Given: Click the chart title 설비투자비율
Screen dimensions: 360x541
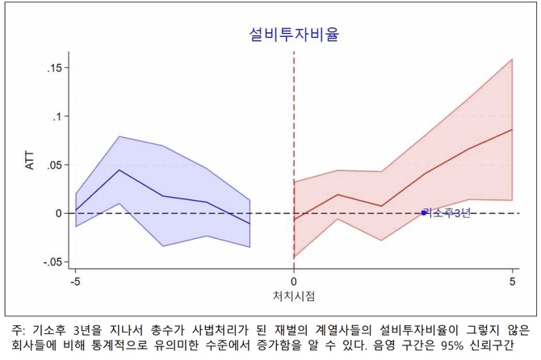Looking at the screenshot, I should (x=293, y=35).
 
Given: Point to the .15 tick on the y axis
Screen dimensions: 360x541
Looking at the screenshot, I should (x=51, y=68).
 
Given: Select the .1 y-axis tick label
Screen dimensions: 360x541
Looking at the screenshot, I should (x=55, y=116).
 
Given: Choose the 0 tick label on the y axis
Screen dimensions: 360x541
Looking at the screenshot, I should (x=58, y=213).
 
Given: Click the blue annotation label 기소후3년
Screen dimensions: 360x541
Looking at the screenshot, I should (x=448, y=213).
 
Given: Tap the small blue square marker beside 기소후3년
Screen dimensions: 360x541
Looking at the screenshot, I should (x=424, y=213).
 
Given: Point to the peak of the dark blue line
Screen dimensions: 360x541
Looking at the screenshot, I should (x=120, y=170).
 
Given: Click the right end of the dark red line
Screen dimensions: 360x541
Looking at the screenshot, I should (x=513, y=129).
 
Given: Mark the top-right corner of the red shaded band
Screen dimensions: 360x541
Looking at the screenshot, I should (x=513, y=59).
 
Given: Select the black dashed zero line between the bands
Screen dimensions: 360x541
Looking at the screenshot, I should (x=272, y=213).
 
